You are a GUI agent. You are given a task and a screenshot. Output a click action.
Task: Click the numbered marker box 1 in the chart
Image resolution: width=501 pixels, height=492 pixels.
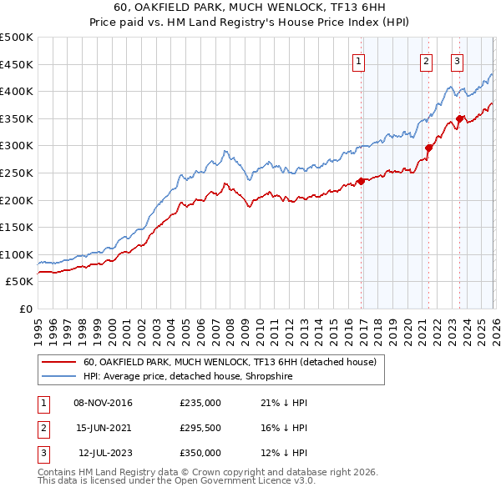[358, 60]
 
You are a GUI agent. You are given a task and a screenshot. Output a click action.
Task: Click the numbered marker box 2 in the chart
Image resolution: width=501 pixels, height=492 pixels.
[426, 60]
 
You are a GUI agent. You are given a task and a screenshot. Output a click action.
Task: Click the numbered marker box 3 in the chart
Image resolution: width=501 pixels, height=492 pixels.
[458, 60]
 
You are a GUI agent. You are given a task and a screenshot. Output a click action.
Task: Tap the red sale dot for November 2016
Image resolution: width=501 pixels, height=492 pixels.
[361, 181]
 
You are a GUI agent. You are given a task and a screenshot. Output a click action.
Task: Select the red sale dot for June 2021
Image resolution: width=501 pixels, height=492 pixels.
[428, 148]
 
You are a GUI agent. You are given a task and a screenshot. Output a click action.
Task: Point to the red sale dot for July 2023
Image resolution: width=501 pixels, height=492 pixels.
[459, 118]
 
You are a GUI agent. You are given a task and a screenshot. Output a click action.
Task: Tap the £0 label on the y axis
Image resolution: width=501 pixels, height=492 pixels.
[25, 309]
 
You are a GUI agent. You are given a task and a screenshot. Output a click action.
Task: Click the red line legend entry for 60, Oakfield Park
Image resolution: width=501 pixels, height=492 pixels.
[230, 362]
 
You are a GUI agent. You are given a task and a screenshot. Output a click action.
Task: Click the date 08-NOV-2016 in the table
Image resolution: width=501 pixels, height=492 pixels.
[103, 403]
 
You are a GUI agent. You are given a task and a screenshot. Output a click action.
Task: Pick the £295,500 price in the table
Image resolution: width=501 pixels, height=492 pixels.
[200, 428]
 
